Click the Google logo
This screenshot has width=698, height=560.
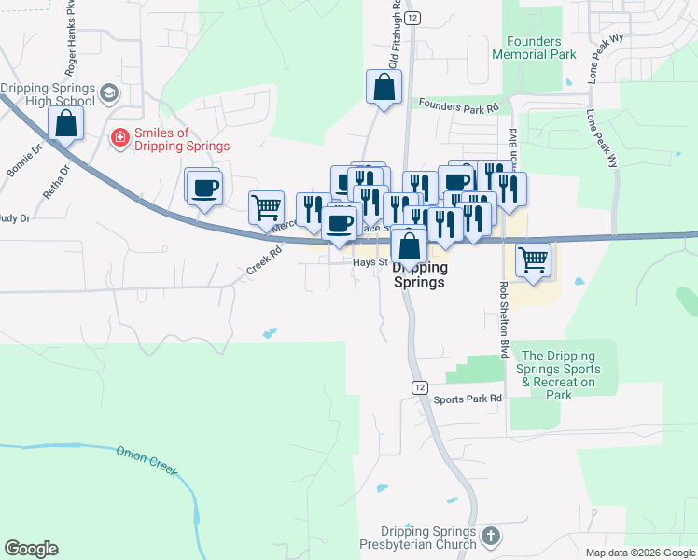pyautogui.click(x=31, y=549)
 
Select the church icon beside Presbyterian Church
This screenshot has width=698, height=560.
pyautogui.click(x=492, y=537)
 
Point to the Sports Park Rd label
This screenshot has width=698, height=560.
pyautogui.click(x=468, y=399)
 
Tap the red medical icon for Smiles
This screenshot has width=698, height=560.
pyautogui.click(x=119, y=139)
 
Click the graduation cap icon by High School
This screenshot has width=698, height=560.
pyautogui.click(x=109, y=93)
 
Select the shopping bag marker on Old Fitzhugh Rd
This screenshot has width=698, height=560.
pyautogui.click(x=384, y=89)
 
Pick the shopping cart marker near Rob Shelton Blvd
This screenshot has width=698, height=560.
pyautogui.click(x=533, y=259)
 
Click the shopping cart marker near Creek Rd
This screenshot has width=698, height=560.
pyautogui.click(x=266, y=207)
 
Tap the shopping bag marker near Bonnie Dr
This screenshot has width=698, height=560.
pyautogui.click(x=66, y=122)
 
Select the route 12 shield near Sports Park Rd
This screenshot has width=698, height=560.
pyautogui.click(x=420, y=387)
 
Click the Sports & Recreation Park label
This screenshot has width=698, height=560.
pyautogui.click(x=558, y=375)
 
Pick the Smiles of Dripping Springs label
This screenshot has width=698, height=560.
pyautogui.click(x=181, y=139)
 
